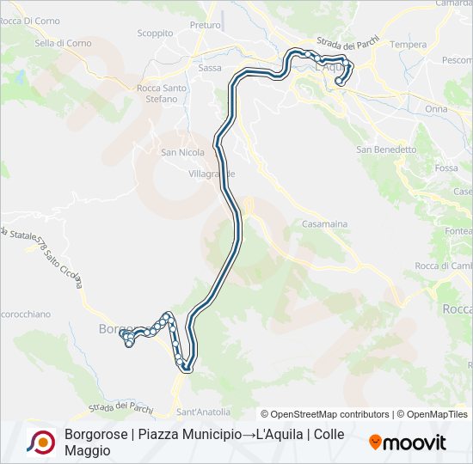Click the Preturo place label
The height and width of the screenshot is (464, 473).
205,26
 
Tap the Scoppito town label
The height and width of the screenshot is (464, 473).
155,34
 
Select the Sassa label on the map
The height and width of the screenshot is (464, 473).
210,67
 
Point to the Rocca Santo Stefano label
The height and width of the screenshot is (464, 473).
163,93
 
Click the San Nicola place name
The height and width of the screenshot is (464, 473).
183,153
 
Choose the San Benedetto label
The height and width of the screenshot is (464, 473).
386,150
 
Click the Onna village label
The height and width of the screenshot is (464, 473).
436,109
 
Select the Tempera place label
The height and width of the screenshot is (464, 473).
408,45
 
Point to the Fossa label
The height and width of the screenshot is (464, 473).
446,168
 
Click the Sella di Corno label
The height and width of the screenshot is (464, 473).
63,43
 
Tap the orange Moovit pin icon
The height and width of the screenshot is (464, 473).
375,443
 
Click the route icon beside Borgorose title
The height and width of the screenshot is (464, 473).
40,442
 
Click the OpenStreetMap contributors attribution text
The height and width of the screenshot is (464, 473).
324,414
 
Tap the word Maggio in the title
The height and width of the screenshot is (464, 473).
87,450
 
